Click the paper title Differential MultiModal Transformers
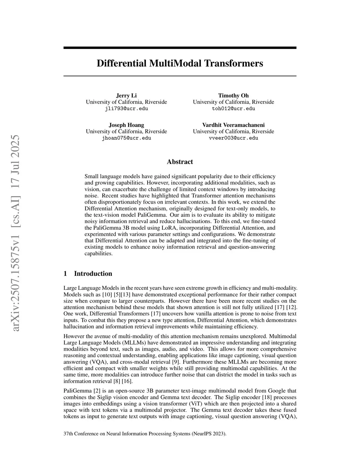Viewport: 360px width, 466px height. coord(180,64)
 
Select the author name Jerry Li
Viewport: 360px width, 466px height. coord(126,96)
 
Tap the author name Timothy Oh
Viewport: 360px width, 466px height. coord(233,96)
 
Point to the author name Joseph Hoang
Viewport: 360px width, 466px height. coord(126,125)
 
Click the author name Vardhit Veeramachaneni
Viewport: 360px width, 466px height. coord(233,125)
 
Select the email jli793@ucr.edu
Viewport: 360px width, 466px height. coord(126,108)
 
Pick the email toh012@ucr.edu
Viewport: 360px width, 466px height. coord(233,108)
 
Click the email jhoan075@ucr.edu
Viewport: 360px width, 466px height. coord(126,138)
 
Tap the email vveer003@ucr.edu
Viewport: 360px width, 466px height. coord(233,138)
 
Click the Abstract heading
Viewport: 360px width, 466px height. coord(180,162)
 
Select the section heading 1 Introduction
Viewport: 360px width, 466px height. coord(88,274)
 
